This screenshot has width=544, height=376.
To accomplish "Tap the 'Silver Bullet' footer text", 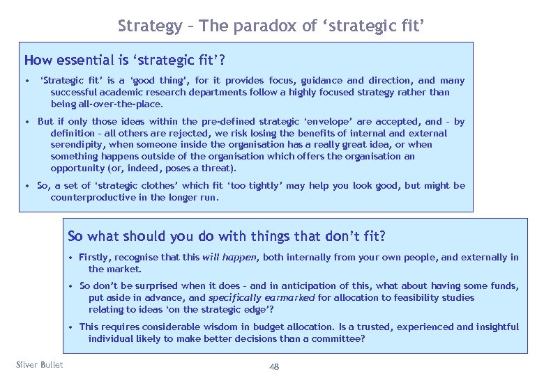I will pos(39,365).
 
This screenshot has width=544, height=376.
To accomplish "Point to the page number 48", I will pos(274,367).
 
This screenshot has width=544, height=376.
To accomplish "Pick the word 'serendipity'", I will pos(76,145).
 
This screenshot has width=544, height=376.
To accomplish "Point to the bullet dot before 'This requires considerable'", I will pos(72,327).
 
